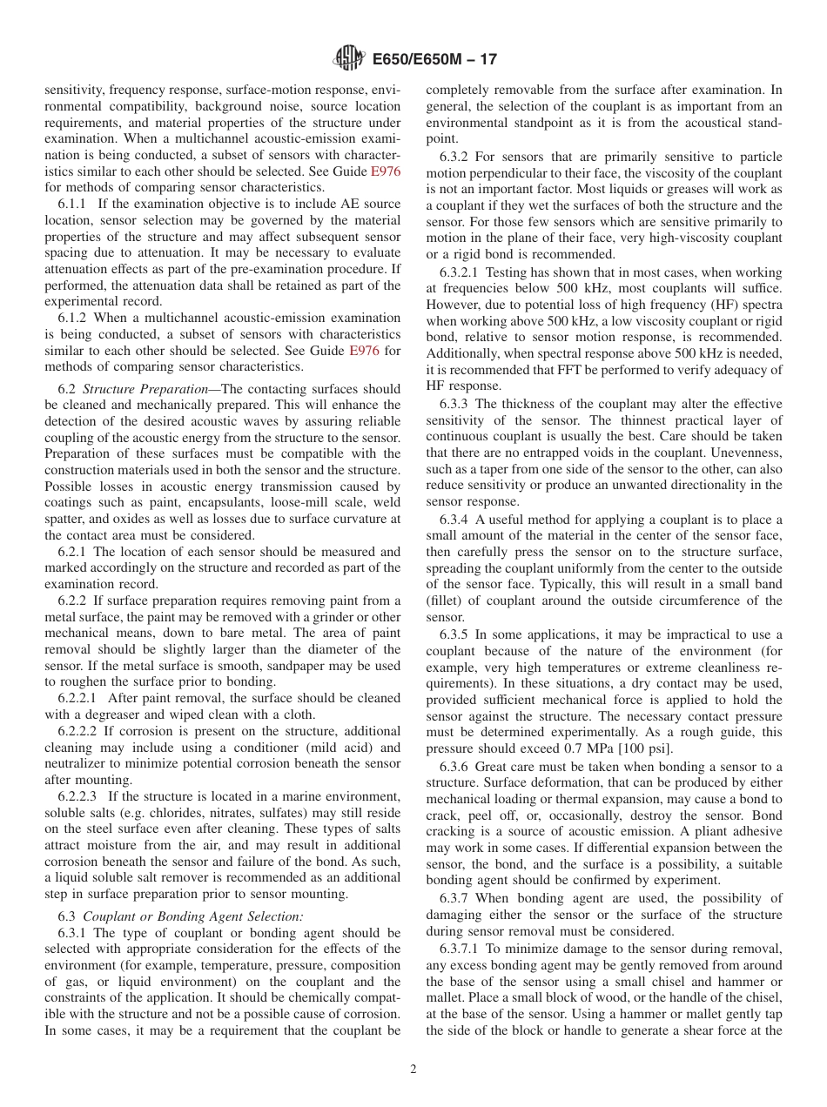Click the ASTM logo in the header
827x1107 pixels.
[x=348, y=59]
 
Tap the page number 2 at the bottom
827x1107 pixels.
[x=413, y=1070]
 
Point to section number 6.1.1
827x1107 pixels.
[x=74, y=205]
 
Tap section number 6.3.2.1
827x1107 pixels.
[x=461, y=272]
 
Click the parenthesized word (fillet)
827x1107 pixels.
[x=447, y=600]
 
